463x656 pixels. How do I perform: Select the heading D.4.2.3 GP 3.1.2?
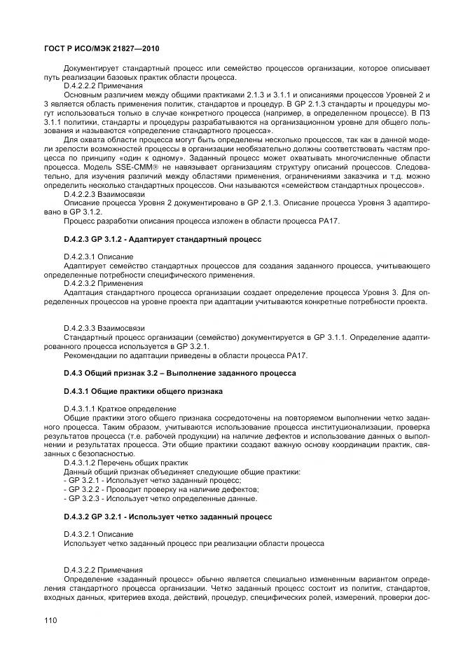pos(162,240)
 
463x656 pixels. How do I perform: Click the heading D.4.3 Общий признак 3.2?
pos(179,373)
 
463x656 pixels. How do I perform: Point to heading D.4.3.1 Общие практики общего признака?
pos(144,390)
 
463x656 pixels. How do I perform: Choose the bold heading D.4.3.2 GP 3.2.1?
pos(167,517)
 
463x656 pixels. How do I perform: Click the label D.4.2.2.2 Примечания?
pos(103,85)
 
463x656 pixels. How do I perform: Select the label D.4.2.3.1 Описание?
pos(97,257)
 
